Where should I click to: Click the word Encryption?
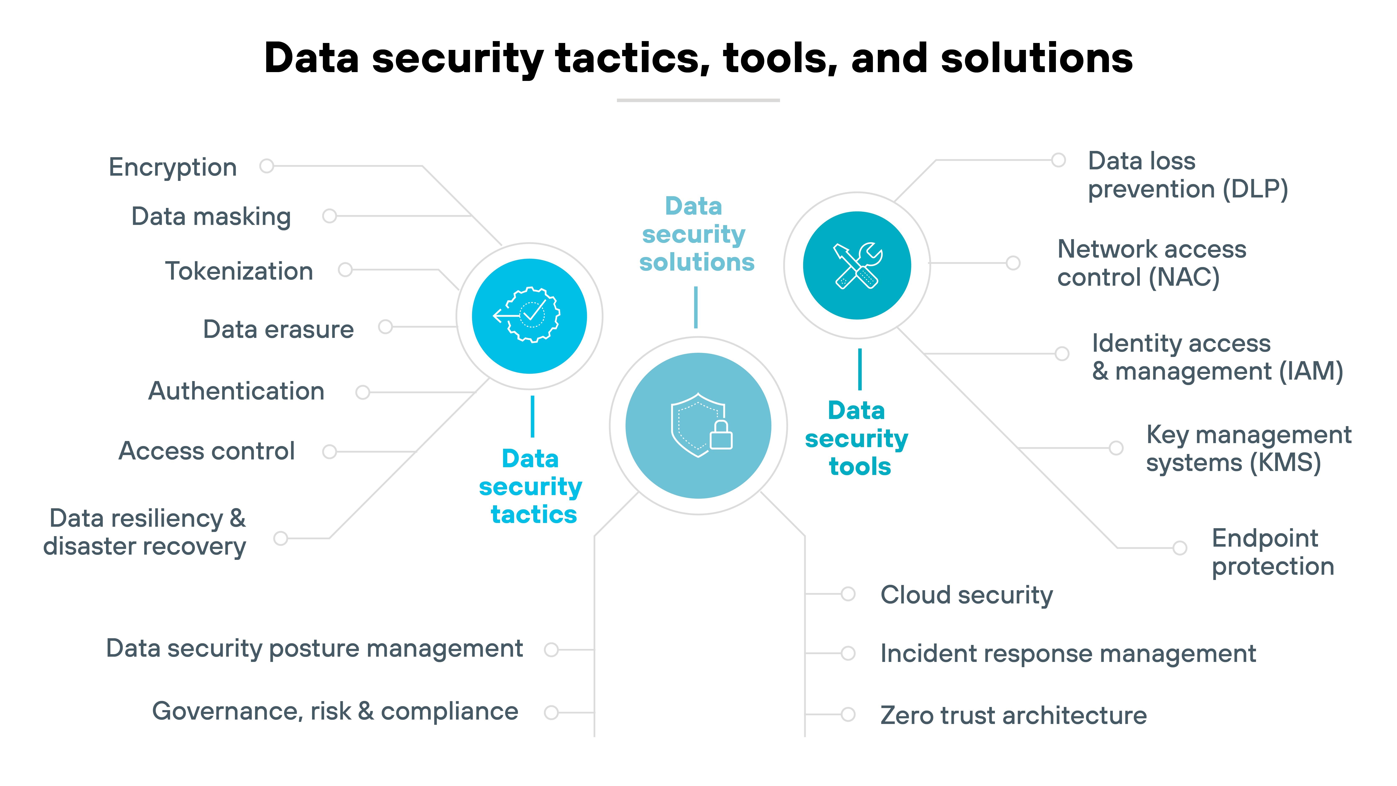[x=172, y=167]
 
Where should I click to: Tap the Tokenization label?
[x=239, y=271]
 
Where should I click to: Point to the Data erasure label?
[x=278, y=329]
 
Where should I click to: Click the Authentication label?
[x=236, y=391]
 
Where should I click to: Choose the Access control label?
[x=207, y=451]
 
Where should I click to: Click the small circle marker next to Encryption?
[x=266, y=166]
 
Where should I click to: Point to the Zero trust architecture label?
[x=1013, y=715]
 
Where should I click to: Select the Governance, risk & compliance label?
[x=335, y=711]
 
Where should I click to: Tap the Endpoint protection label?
[x=1272, y=552]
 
